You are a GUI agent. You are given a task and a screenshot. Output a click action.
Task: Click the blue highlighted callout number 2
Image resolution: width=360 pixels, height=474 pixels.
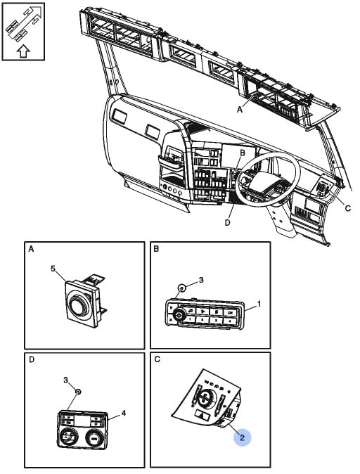pos(242,437)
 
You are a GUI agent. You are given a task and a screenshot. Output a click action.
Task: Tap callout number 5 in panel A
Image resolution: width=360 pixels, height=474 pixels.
pos(53,269)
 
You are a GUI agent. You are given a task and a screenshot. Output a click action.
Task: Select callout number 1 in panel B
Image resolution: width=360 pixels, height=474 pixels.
pos(259,304)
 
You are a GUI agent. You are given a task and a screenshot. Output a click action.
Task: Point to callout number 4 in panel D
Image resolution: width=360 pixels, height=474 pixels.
pos(124,413)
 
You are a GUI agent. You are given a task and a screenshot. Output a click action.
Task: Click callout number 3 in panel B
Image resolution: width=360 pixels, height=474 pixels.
pos(201,280)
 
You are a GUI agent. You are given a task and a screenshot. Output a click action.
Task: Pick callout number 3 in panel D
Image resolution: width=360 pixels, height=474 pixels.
pos(66,380)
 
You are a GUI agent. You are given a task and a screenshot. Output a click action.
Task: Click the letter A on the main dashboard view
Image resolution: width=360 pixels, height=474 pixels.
pos(240,110)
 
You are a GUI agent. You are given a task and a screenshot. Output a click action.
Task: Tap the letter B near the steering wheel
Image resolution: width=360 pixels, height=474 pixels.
pos(243,153)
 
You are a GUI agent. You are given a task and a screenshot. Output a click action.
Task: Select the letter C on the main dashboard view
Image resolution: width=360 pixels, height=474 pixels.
pos(348,208)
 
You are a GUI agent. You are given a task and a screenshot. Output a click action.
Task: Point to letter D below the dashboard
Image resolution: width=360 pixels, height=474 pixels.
pos(228,222)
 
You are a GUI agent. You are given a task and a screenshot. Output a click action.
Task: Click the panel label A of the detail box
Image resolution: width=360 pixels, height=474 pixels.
pos(31,249)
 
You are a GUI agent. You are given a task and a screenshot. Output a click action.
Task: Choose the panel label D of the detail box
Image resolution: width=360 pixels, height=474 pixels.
pos(31,359)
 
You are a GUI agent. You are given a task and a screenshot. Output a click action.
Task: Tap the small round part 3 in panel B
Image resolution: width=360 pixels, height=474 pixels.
pos(181,288)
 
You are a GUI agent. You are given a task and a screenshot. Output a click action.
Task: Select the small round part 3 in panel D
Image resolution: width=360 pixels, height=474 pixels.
pos(78,392)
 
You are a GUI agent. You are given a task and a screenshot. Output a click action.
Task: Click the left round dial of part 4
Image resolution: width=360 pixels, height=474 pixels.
pos(68,436)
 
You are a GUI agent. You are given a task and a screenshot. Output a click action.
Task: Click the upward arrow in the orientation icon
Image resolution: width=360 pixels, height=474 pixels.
pos(24,51)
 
